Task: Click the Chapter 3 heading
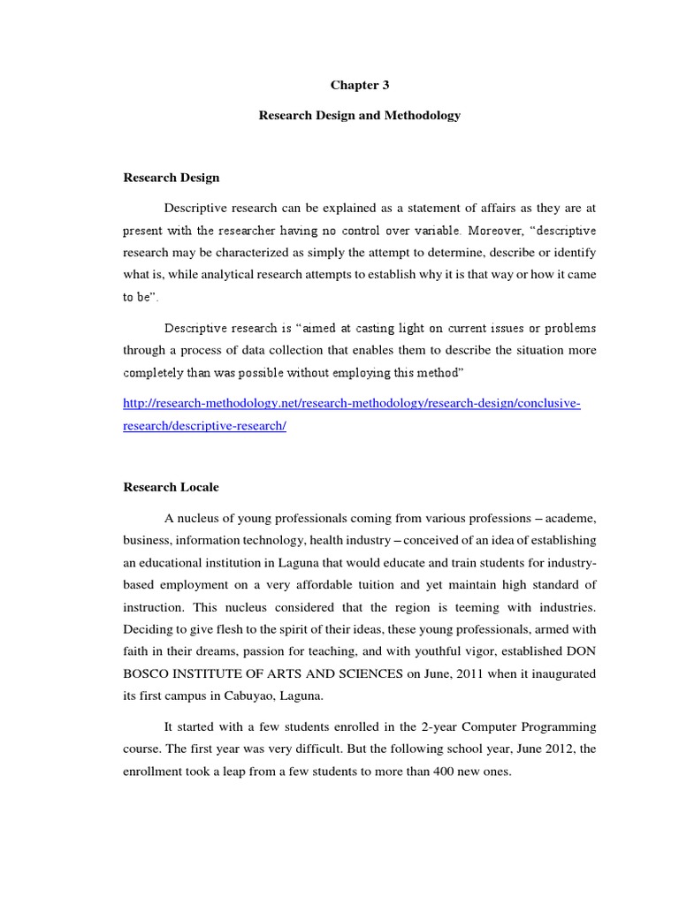(359, 85)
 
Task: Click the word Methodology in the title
(422, 116)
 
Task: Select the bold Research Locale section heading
(171, 487)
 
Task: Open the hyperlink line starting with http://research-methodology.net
(351, 403)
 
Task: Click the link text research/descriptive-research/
(205, 425)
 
